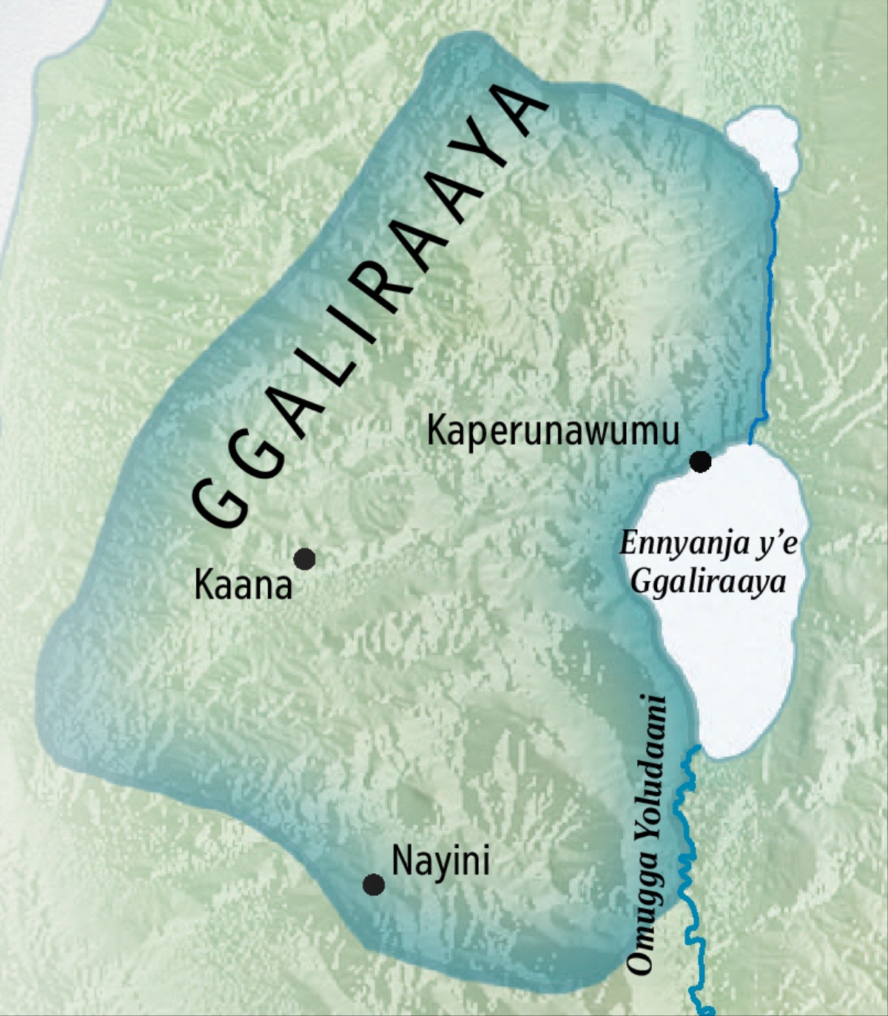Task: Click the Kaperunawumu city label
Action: [x=553, y=430]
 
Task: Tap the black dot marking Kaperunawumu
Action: [x=700, y=462]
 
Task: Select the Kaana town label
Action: [x=243, y=585]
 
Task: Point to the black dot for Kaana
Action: [x=305, y=559]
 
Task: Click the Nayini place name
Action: [x=440, y=861]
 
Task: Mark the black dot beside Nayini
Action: [x=374, y=884]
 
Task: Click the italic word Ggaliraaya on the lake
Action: [x=708, y=583]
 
